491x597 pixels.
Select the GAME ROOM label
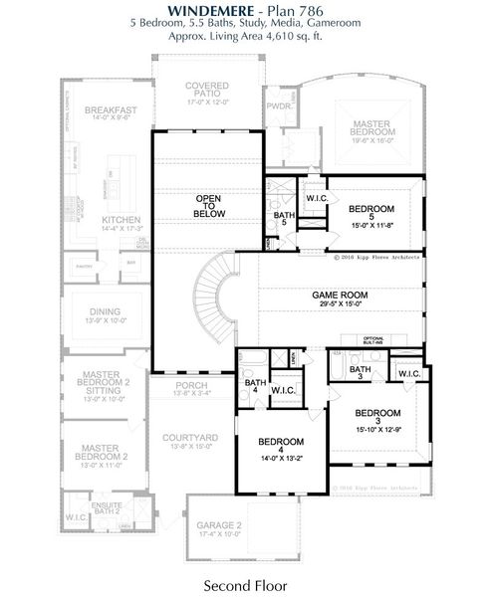pyautogui.click(x=341, y=296)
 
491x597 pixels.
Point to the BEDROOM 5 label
pyautogui.click(x=371, y=209)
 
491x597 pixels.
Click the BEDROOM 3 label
pyautogui.click(x=377, y=412)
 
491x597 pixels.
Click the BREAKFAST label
pyautogui.click(x=110, y=109)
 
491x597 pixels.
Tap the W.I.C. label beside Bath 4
pyautogui.click(x=284, y=390)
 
